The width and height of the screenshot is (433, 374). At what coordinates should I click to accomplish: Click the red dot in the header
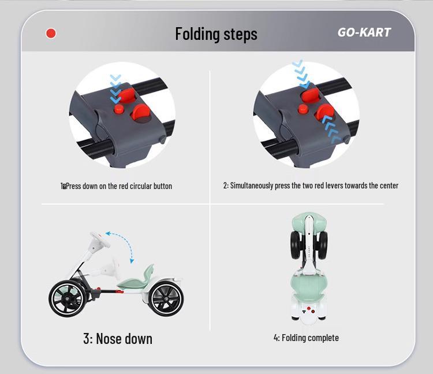[51, 34]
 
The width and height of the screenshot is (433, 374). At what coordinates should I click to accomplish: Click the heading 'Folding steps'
[216, 34]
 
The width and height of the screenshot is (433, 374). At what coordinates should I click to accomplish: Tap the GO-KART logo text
[364, 32]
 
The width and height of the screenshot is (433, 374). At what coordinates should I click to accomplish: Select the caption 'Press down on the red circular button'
[118, 186]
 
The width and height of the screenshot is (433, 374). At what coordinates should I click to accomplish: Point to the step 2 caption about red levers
[311, 186]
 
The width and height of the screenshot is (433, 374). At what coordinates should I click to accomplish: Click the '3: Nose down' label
[118, 338]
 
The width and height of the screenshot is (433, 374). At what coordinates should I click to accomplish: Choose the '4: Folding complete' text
[306, 338]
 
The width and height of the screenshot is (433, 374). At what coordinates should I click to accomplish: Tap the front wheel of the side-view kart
[67, 297]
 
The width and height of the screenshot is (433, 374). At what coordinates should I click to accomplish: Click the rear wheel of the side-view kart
[166, 298]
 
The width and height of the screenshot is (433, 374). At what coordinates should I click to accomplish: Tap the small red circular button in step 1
[119, 109]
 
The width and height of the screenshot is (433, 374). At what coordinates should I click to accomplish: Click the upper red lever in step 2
[311, 95]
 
